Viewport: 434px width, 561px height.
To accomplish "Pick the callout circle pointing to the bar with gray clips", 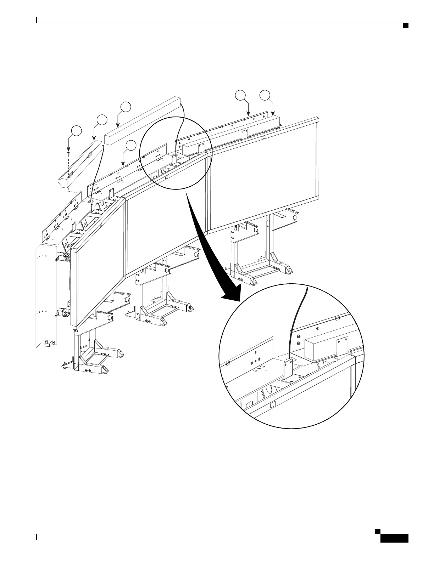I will [102, 120].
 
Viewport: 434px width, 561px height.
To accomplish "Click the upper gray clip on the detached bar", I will [89, 154].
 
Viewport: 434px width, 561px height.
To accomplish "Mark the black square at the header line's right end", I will [405, 25].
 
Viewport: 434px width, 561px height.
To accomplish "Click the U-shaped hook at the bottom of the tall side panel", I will [47, 343].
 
